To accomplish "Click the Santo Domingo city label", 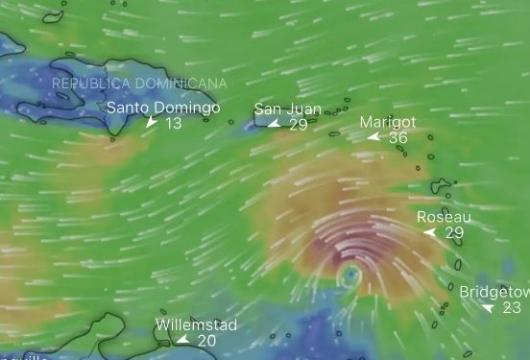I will coord(162,108).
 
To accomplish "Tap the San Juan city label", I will coord(287,109).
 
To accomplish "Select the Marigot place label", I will coord(388,123).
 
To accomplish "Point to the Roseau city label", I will coord(444,218).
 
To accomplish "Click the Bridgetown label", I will coord(494,292).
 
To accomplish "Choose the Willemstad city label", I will coord(196,324).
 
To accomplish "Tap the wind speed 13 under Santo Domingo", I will coord(173,124).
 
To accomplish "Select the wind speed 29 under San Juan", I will coord(298,125).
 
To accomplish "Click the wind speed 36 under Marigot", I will coord(397,138).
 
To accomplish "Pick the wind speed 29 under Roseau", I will coord(454,233).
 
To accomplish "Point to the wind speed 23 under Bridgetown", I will coord(511,307).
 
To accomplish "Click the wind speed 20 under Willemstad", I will coord(206,340).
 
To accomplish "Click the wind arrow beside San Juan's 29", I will coord(275,125).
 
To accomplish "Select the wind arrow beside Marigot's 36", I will coord(374,138).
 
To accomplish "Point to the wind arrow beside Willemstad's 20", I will coord(182,340).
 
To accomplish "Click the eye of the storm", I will coord(349,276).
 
